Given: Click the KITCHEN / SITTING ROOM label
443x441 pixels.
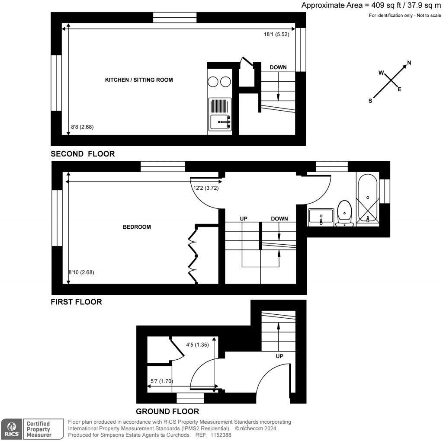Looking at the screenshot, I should pyautogui.click(x=139, y=80).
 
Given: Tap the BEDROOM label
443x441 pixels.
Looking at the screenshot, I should pyautogui.click(x=137, y=227).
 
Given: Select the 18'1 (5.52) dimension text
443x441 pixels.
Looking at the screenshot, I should pyautogui.click(x=276, y=34).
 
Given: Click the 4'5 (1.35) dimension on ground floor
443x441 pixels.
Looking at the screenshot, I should pyautogui.click(x=197, y=345).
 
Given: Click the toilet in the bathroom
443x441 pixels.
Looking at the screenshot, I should pyautogui.click(x=345, y=212).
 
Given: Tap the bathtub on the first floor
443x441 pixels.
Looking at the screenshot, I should pyautogui.click(x=367, y=199).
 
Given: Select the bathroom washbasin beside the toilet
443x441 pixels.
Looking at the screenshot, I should pyautogui.click(x=321, y=216).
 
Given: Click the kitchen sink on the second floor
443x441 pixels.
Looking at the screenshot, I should pyautogui.click(x=220, y=122).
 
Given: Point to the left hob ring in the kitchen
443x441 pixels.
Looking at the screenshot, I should pyautogui.click(x=213, y=81).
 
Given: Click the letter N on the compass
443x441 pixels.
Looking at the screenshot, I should pyautogui.click(x=409, y=63).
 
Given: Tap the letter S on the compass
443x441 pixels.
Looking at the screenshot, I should pyautogui.click(x=370, y=101).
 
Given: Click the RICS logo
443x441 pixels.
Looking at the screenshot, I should pyautogui.click(x=11, y=429).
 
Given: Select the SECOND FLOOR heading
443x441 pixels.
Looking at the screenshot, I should pyautogui.click(x=83, y=154).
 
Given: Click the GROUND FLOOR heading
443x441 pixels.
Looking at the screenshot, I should pyautogui.click(x=167, y=412).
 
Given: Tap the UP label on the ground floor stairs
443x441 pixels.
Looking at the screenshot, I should pyautogui.click(x=279, y=356).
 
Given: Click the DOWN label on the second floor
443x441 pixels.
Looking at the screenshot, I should pyautogui.click(x=278, y=67).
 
